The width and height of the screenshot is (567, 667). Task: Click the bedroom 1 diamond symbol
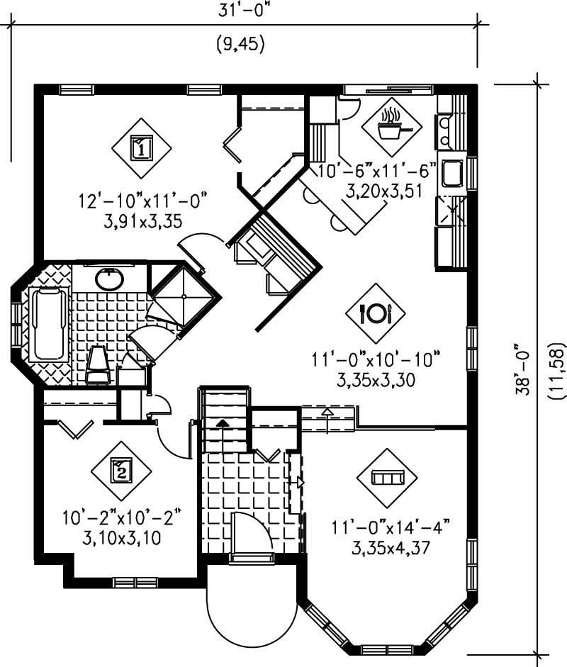(141, 149)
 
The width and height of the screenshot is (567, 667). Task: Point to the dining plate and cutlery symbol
(376, 313)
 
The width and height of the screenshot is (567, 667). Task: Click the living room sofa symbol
(386, 478)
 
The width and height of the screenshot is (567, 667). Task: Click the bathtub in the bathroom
(50, 323)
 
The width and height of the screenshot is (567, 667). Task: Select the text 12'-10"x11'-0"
(141, 201)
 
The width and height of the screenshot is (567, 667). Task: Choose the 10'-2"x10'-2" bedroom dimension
(121, 517)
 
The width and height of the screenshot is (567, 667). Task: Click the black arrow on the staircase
(223, 423)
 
